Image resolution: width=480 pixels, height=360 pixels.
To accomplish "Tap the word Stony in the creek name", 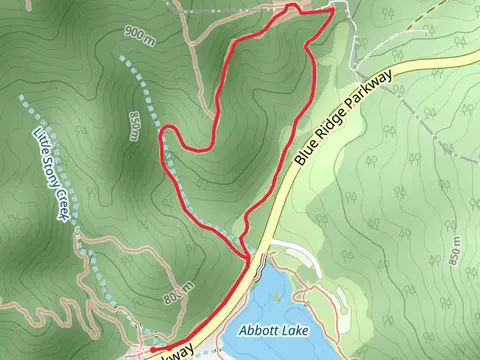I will tap(57, 172).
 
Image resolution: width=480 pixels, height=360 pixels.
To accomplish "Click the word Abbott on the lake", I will tap(259, 329).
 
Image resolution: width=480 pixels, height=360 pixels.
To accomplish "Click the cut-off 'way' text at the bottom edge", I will tap(179, 352).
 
